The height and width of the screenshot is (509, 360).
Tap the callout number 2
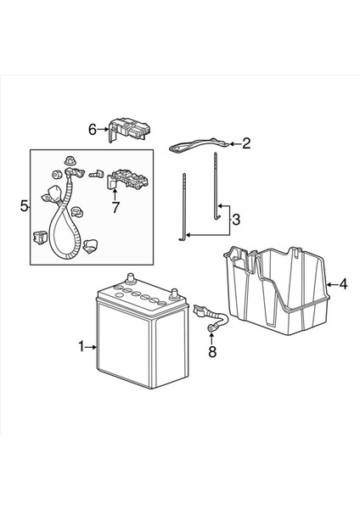click(246, 143)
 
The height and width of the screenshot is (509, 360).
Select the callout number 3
click(237, 220)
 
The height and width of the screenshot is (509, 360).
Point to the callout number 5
click(24, 205)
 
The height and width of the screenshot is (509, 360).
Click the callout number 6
click(93, 129)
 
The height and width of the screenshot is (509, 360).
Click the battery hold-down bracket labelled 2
click(193, 147)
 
